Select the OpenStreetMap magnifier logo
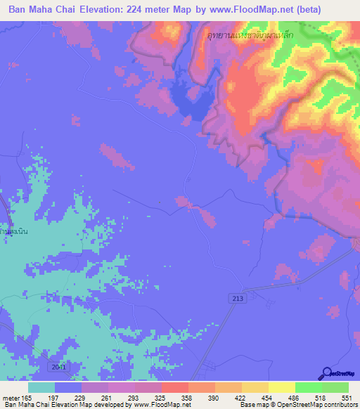(x=328, y=372)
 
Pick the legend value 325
(x=169, y=397)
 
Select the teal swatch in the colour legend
(x=41, y=387)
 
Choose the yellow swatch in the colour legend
(x=282, y=387)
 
